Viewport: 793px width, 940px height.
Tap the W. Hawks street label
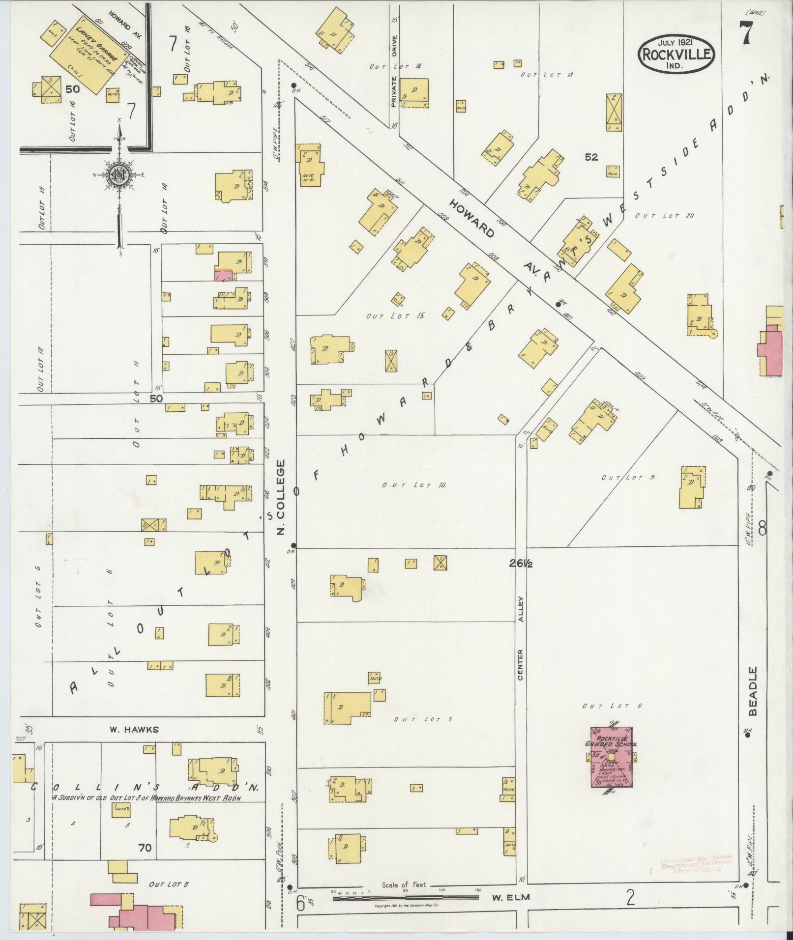[x=134, y=729]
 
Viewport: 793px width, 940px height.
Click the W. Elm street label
[x=511, y=897]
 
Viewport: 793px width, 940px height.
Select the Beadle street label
[x=753, y=691]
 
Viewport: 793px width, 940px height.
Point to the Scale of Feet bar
[x=406, y=897]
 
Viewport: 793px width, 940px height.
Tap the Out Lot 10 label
[x=414, y=485]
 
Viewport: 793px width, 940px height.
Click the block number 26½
[x=521, y=564]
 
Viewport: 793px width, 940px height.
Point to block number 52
[x=591, y=157]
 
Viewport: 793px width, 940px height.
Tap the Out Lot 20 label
[x=664, y=216]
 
